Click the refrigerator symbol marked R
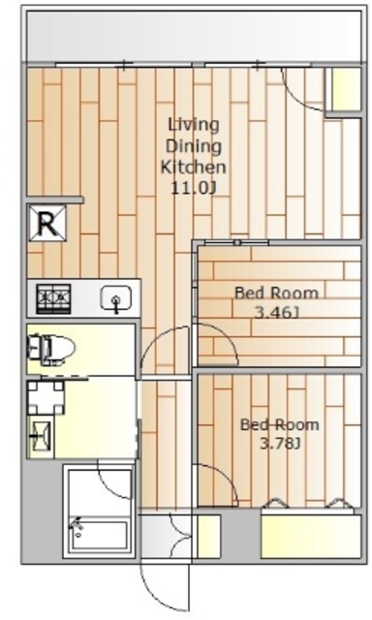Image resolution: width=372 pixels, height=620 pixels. coord(47,223)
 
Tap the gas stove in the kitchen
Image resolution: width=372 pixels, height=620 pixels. coord(53,298)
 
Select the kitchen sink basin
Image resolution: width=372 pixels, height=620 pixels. coord(116,299)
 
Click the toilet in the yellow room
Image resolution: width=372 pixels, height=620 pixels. coord(50,348)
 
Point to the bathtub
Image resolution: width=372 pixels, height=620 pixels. coord(99,537)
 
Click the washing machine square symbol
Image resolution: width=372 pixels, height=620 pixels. coord(46,397)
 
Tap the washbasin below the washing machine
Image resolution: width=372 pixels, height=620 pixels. coord(41,437)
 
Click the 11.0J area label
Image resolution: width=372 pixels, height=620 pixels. coord(194,188)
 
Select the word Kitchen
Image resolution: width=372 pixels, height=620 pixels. coord(194,167)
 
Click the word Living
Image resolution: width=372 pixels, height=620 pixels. coord(194,125)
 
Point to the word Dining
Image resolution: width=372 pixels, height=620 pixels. coord(194,146)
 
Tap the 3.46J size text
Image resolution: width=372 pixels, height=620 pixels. coord(276,313)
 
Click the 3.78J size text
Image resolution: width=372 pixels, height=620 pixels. coord(280,444)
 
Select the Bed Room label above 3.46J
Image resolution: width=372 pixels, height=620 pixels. coord(276,294)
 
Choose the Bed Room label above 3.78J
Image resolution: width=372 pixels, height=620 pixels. coord(280,424)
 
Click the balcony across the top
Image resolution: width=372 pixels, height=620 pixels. coord(194,36)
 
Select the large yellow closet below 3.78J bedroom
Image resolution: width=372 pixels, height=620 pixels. coord(311,536)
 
